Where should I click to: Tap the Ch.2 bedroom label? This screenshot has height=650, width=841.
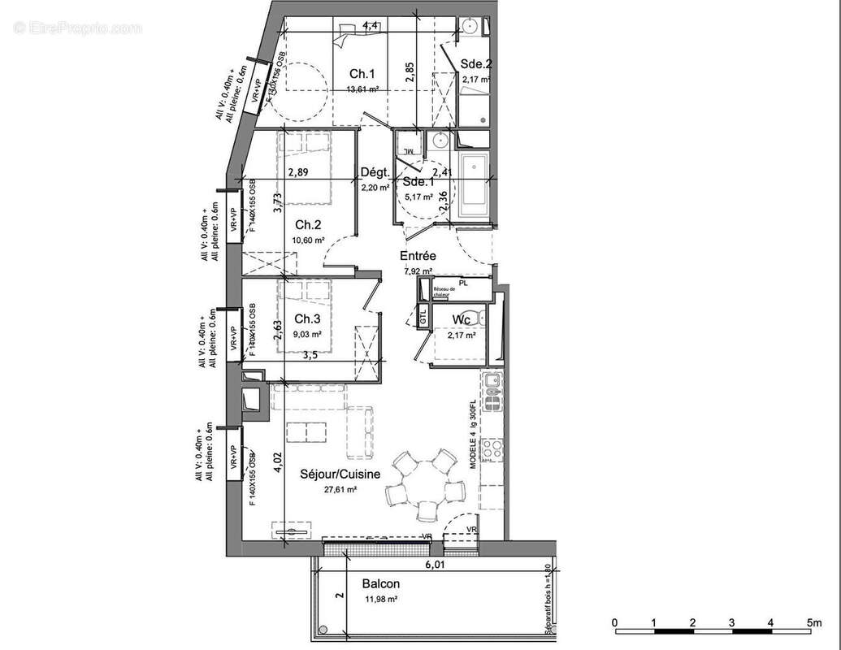coord(309,224)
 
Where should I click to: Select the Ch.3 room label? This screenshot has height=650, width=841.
coord(308,318)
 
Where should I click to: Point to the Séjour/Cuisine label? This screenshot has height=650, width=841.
coord(340,474)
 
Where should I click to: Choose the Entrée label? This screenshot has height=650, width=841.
coord(418,255)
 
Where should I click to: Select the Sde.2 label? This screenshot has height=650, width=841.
coord(476,64)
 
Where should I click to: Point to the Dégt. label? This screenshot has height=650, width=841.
coord(375,171)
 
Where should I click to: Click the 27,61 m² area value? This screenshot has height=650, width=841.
coord(341,490)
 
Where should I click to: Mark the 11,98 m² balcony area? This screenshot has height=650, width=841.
coord(380,599)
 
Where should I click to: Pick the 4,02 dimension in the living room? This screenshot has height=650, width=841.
coord(277,461)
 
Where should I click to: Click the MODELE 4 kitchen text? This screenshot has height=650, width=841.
coord(473,452)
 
